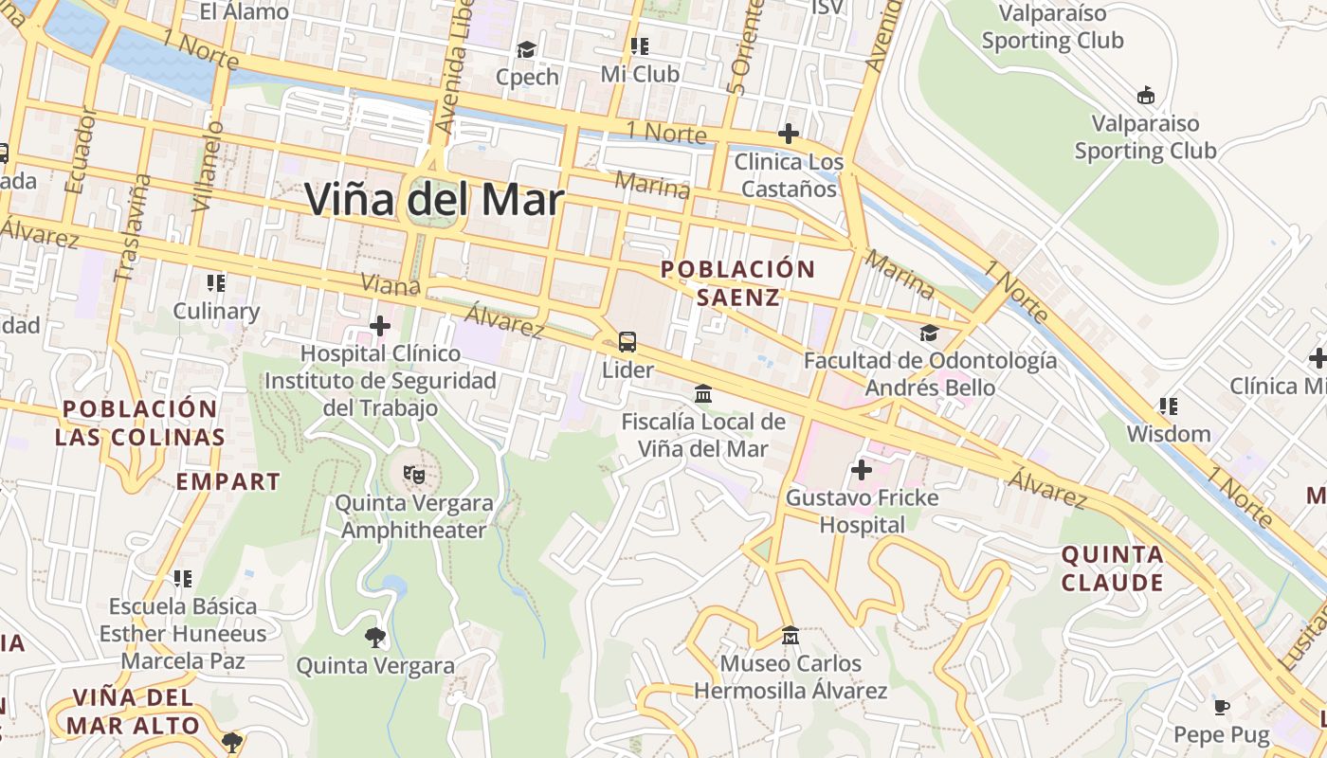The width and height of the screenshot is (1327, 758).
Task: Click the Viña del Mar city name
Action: (434, 200)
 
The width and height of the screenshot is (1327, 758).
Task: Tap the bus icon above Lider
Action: (627, 341)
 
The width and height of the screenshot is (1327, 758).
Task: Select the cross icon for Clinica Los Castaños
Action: (788, 134)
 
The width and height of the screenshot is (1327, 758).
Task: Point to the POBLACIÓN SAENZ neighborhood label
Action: (738, 282)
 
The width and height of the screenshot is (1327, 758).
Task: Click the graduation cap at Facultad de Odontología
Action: (929, 334)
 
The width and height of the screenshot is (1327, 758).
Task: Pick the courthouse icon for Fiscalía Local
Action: (703, 393)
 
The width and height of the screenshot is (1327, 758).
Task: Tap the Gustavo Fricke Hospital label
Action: (862, 511)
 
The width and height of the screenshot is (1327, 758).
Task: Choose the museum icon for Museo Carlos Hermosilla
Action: (790, 635)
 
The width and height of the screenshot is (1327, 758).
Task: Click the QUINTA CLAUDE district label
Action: (1112, 568)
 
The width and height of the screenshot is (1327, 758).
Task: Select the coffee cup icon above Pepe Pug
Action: (1222, 707)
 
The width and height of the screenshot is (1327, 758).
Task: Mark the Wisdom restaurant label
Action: (1168, 434)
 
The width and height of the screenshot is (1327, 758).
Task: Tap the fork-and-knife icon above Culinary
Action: (216, 282)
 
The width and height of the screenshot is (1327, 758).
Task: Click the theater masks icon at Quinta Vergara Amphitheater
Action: (412, 474)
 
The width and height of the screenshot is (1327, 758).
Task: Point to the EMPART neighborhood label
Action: (227, 481)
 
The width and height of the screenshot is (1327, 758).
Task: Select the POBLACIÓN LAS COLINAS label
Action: (139, 423)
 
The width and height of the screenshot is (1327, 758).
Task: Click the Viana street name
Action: (391, 284)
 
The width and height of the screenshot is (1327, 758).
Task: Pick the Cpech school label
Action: (527, 77)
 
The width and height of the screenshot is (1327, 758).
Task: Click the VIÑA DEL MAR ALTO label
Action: (133, 712)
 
